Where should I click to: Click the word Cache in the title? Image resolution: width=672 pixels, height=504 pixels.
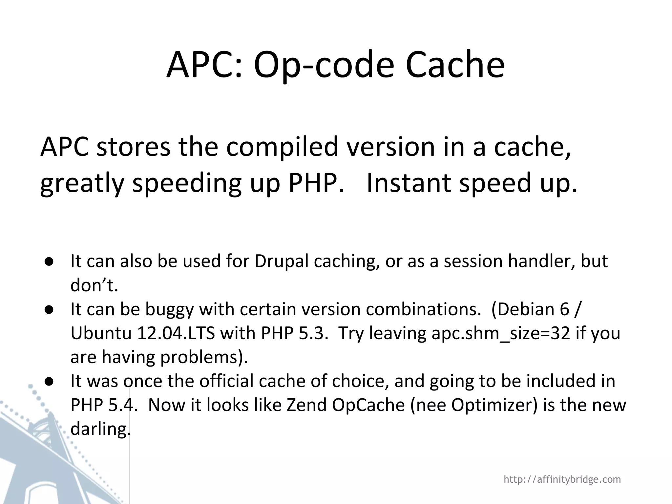click(x=455, y=65)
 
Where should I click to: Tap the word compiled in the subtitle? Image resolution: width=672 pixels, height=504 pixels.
click(x=282, y=147)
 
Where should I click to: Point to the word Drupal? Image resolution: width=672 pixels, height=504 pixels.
click(x=282, y=262)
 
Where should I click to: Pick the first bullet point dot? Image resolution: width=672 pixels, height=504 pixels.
click(x=50, y=262)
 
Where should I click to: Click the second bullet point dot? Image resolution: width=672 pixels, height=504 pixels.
click(x=50, y=309)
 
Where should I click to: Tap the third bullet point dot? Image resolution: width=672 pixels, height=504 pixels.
click(x=50, y=381)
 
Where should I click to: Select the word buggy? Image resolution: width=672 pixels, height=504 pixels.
click(x=169, y=310)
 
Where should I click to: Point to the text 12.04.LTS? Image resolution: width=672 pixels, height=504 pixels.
click(x=176, y=333)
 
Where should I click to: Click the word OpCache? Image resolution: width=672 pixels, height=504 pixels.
click(x=368, y=405)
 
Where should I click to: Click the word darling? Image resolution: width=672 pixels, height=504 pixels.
click(x=100, y=429)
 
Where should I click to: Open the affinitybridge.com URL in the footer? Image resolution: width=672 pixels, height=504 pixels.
click(x=562, y=479)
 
